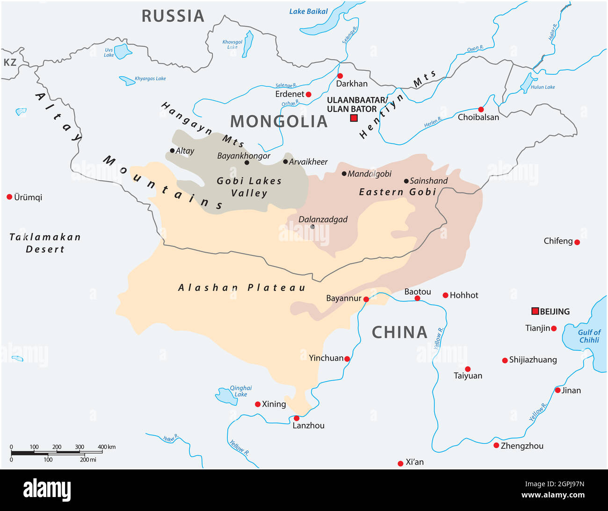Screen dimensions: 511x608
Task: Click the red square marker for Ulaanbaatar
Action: [x=354, y=118]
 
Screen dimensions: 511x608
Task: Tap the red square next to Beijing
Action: [x=535, y=311]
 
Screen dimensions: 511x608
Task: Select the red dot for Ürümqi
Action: [x=9, y=197]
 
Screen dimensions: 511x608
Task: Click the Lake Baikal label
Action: [x=308, y=12]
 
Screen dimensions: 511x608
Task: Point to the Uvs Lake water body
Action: [x=123, y=51]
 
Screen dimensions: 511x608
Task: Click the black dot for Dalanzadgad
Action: [x=312, y=227]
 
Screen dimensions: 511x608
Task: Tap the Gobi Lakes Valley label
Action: [x=249, y=187]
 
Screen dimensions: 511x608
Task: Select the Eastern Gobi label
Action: [x=398, y=192]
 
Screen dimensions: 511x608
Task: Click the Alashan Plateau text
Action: [x=241, y=288]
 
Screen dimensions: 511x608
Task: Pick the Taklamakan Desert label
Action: [x=45, y=243]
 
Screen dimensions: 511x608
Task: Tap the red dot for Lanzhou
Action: [x=296, y=418]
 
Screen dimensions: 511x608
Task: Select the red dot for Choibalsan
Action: [x=481, y=109]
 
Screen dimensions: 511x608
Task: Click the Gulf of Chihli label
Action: [x=589, y=336]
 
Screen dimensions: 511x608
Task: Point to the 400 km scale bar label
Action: [x=106, y=447]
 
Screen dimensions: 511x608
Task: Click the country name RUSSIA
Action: [x=173, y=16]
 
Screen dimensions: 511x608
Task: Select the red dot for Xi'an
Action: [x=400, y=463]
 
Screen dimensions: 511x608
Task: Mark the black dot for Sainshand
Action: [x=406, y=181]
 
